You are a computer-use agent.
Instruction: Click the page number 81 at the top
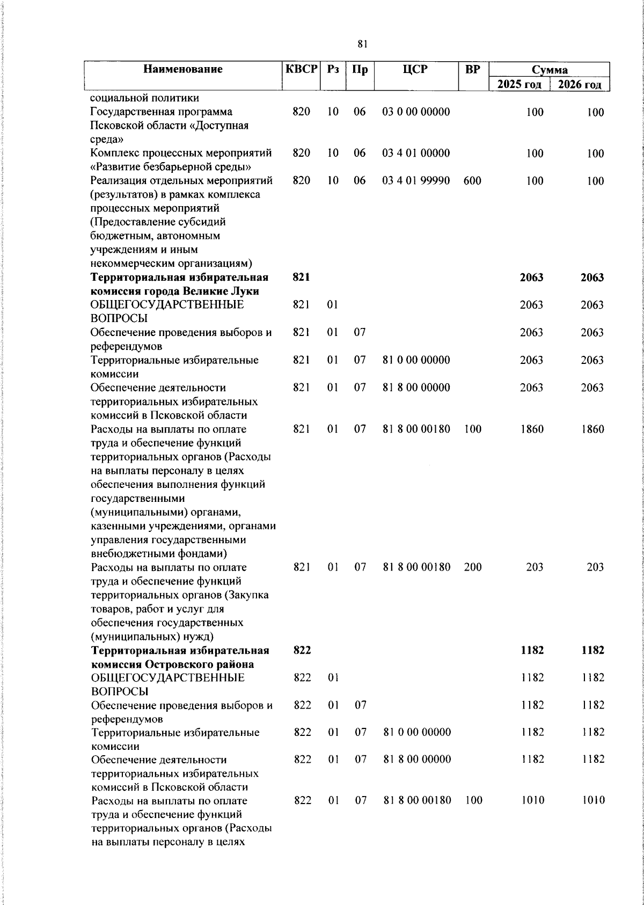click(x=362, y=45)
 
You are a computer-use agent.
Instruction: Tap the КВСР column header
click(x=301, y=69)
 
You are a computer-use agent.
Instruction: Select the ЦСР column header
click(x=416, y=69)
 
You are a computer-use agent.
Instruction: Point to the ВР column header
click(x=472, y=69)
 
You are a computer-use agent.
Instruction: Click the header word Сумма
click(x=550, y=70)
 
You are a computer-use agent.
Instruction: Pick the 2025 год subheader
click(x=519, y=84)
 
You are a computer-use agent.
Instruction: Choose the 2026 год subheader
click(x=580, y=84)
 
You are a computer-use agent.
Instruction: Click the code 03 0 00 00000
click(x=416, y=112)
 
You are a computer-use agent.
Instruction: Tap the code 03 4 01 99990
click(x=416, y=181)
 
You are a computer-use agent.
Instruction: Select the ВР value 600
click(x=472, y=181)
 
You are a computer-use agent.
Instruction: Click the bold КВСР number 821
click(x=302, y=277)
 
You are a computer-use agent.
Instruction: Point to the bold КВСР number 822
click(x=303, y=650)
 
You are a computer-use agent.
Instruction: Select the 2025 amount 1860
click(x=531, y=429)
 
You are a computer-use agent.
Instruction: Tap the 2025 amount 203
click(x=535, y=567)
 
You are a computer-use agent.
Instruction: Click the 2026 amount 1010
click(x=593, y=800)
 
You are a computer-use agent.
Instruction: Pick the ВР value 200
click(x=473, y=567)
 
